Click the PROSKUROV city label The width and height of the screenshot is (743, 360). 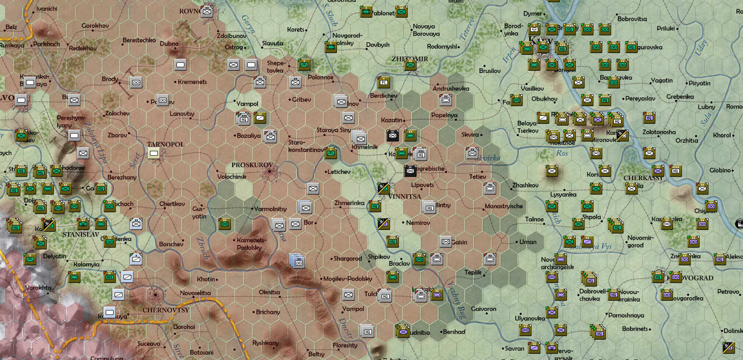click(252, 165)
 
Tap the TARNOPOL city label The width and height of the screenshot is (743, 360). click(165, 144)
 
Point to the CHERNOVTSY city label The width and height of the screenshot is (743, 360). click(165, 310)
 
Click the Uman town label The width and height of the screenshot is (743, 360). click(528, 242)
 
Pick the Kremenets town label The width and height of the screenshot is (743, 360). click(192, 82)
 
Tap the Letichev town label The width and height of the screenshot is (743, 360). click(339, 172)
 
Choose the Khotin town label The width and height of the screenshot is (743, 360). click(206, 279)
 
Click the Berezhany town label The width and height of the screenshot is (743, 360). click(122, 177)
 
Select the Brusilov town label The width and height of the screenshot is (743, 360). click(490, 71)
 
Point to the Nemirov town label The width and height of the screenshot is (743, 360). click(417, 222)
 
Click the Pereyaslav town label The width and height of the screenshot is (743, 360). click(640, 98)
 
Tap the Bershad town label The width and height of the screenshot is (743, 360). click(453, 332)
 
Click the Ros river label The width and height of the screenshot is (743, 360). click(562, 153)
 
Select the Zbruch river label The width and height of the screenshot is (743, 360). click(203, 248)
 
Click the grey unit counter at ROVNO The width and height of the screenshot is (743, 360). click(207, 11)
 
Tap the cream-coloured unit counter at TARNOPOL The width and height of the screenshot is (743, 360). click(154, 153)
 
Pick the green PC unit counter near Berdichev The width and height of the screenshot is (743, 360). click(384, 82)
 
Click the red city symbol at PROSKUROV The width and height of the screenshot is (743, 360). click(269, 172)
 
